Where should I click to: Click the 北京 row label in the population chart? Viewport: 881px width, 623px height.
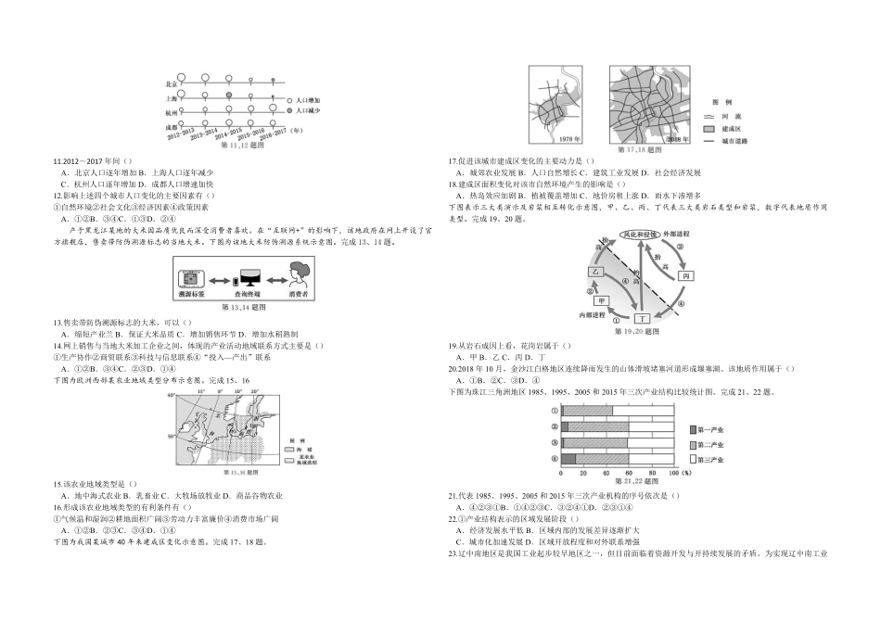click(x=172, y=82)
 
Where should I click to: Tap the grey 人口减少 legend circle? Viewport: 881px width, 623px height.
click(x=289, y=109)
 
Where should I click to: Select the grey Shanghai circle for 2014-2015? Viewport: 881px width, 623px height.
click(x=228, y=95)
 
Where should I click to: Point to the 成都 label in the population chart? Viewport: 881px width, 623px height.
click(x=172, y=124)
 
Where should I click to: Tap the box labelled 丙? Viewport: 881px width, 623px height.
click(x=685, y=276)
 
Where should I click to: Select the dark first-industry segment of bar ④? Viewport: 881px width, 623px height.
click(x=568, y=458)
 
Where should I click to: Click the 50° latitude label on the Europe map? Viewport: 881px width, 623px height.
click(x=172, y=433)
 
